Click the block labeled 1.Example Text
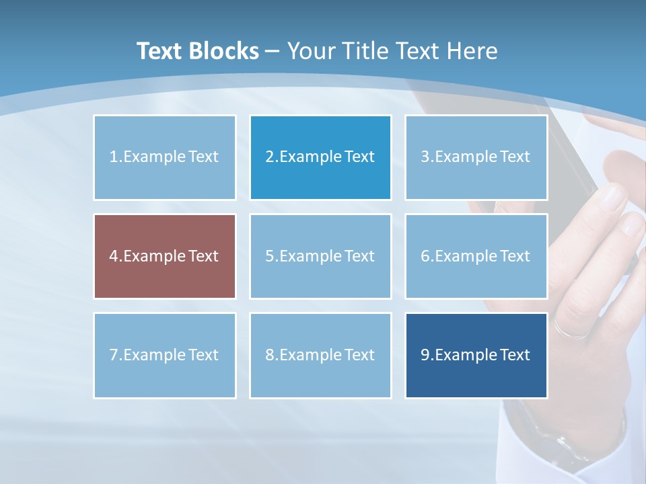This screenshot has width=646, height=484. [165, 157]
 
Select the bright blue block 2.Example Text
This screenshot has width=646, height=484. [320, 157]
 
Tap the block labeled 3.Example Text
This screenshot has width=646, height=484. [476, 157]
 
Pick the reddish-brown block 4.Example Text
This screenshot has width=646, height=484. [165, 256]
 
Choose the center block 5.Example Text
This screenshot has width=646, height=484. [320, 256]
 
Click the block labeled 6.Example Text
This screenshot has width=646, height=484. [476, 256]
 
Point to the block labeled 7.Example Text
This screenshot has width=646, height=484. [165, 355]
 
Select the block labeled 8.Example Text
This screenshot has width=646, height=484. [320, 355]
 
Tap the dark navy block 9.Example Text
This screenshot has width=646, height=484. [476, 355]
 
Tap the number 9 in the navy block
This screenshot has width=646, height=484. [425, 355]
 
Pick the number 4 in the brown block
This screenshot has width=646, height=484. [113, 256]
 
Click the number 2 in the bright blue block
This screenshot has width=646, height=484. [269, 157]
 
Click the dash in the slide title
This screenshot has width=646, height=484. [273, 52]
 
